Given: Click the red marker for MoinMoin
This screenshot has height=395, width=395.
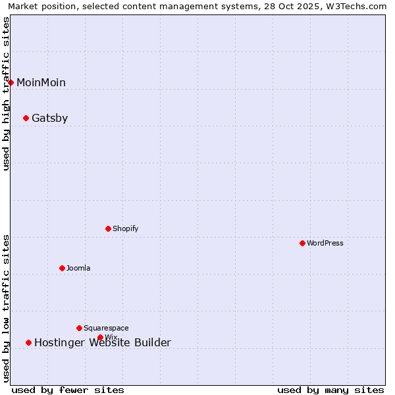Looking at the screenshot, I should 11,82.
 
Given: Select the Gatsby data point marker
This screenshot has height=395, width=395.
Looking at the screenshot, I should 26,118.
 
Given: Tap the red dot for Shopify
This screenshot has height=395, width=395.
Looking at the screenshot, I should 109,228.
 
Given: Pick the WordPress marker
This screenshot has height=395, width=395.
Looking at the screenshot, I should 303,243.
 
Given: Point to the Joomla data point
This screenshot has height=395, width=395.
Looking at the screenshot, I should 63,268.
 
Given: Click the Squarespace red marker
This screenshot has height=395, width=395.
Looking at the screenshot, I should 80,328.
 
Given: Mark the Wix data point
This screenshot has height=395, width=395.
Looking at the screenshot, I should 101,337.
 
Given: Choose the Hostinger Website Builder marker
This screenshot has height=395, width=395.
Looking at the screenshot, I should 29,342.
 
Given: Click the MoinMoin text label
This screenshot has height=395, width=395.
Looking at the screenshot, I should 41,82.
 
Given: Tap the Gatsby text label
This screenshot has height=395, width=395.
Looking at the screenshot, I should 49,118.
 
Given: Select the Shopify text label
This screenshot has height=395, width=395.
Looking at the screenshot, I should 125,228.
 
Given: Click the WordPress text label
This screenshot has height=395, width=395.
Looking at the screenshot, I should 325,243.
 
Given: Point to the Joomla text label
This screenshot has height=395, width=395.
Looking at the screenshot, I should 78,268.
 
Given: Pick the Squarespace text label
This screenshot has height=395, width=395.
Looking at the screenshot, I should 106,328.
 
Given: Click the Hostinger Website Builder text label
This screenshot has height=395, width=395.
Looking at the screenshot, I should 102,342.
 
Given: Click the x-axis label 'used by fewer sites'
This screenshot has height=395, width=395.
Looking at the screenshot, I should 68,390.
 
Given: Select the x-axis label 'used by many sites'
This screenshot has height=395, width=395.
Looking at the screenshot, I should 330,390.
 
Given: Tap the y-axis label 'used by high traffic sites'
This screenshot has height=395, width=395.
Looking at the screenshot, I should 7,93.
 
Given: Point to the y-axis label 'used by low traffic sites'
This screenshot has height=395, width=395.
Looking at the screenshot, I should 7,308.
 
